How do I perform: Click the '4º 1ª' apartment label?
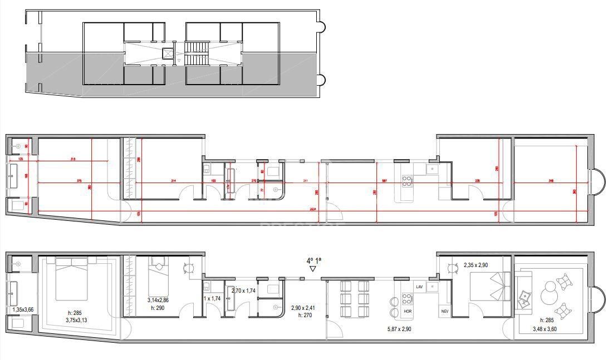pyautogui.click(x=314, y=259)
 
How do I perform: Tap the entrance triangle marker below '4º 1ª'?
pyautogui.click(x=313, y=269)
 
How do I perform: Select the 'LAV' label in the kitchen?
pyautogui.click(x=419, y=286)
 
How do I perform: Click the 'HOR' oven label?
pyautogui.click(x=408, y=311)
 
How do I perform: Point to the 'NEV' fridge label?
pyautogui.click(x=445, y=311)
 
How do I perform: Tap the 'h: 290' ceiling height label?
pyautogui.click(x=157, y=308)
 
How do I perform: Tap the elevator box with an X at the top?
pyautogui.click(x=167, y=53)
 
